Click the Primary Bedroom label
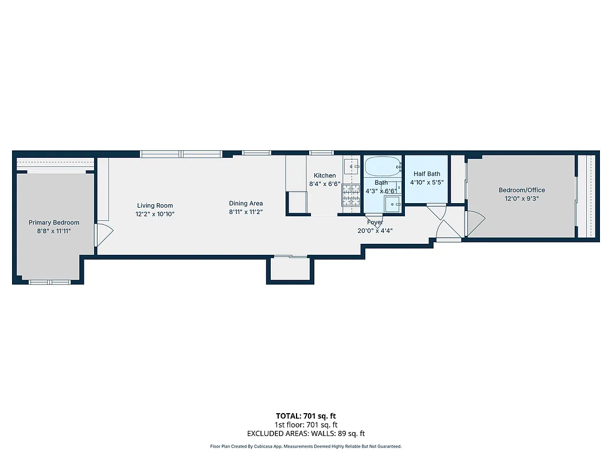pos(54,223)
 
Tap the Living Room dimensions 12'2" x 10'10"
pos(155,214)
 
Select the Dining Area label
pos(245,203)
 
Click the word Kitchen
pos(325,176)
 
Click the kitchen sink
pos(350,166)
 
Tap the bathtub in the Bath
pos(383,167)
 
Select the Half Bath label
pos(427,174)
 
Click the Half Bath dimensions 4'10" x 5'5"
pos(427,182)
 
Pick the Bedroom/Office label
pos(521,190)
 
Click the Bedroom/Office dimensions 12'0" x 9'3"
pos(521,199)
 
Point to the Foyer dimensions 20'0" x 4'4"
pos(375,231)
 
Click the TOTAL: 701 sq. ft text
pos(306,416)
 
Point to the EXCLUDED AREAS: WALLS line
pos(306,434)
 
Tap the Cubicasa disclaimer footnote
pos(306,446)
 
